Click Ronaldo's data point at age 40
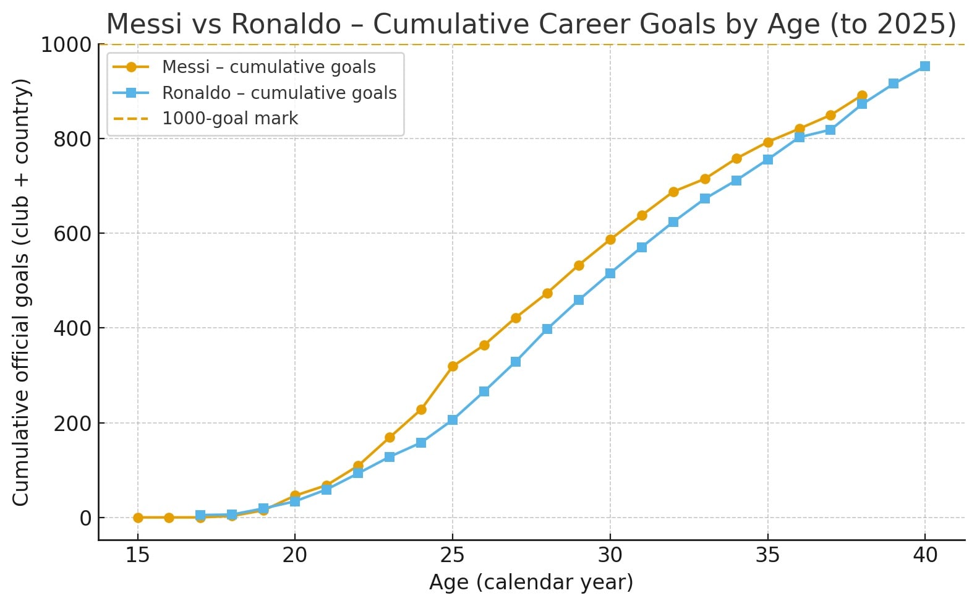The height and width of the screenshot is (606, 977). (925, 66)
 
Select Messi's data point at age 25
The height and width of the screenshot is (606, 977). (453, 366)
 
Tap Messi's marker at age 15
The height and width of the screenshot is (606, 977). (138, 518)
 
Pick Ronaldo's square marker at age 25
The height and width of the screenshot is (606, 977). (453, 420)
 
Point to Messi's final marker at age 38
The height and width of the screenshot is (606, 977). (862, 96)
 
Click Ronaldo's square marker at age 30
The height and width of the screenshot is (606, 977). (610, 273)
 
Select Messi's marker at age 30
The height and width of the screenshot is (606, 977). (610, 239)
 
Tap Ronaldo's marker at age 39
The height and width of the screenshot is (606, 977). (894, 83)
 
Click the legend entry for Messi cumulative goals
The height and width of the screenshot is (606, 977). (268, 67)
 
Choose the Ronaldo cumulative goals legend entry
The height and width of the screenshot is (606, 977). (279, 93)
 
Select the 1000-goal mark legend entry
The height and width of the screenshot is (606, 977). (229, 119)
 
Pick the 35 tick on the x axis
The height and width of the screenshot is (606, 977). (768, 555)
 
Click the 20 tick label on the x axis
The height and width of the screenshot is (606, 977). (295, 555)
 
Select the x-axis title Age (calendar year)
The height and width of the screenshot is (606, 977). (531, 583)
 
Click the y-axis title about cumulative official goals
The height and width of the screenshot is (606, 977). (21, 292)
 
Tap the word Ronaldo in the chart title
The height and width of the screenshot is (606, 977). (286, 25)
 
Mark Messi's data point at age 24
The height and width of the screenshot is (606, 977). (421, 409)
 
